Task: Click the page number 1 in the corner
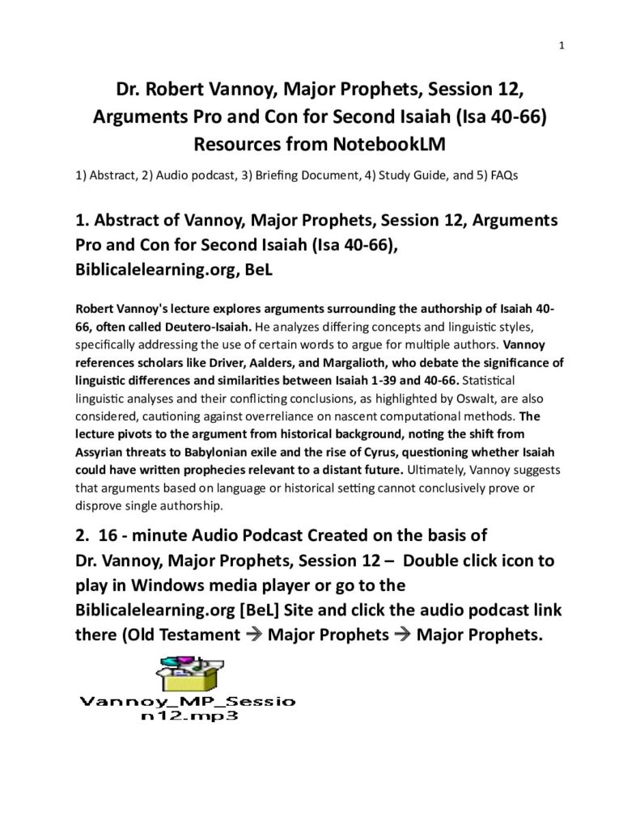(561, 45)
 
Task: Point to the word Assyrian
(102, 452)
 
